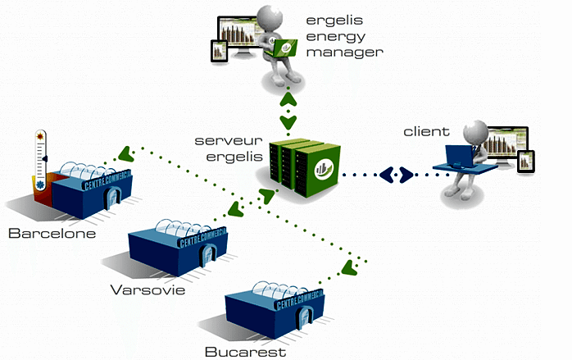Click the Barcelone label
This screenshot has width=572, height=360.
[52, 234]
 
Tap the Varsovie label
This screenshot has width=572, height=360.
[148, 290]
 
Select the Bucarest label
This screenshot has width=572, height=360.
[246, 352]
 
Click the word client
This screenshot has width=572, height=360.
[426, 131]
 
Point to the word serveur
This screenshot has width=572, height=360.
[229, 141]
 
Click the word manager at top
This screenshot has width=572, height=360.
[345, 53]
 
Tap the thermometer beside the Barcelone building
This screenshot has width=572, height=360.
[40, 160]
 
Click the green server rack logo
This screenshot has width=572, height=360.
[324, 170]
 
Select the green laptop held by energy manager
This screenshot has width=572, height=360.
[283, 48]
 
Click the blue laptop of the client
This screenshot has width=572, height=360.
[459, 156]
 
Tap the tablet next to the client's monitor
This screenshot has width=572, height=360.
[526, 161]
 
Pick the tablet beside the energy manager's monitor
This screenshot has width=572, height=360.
[220, 51]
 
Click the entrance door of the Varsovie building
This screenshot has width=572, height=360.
[208, 256]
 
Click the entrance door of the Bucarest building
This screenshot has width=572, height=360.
[306, 317]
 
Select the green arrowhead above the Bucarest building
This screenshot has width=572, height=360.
[349, 268]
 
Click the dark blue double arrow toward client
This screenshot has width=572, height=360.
[397, 175]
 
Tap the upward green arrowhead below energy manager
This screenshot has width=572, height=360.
[288, 99]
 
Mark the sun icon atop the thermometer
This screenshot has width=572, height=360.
[40, 136]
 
